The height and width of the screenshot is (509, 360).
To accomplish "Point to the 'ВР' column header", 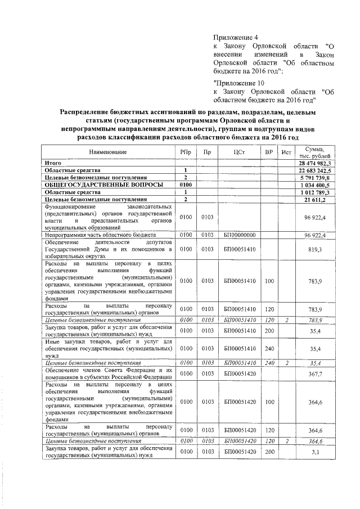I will tap(269, 152).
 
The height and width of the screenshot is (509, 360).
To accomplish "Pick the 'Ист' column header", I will tap(286, 152).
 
